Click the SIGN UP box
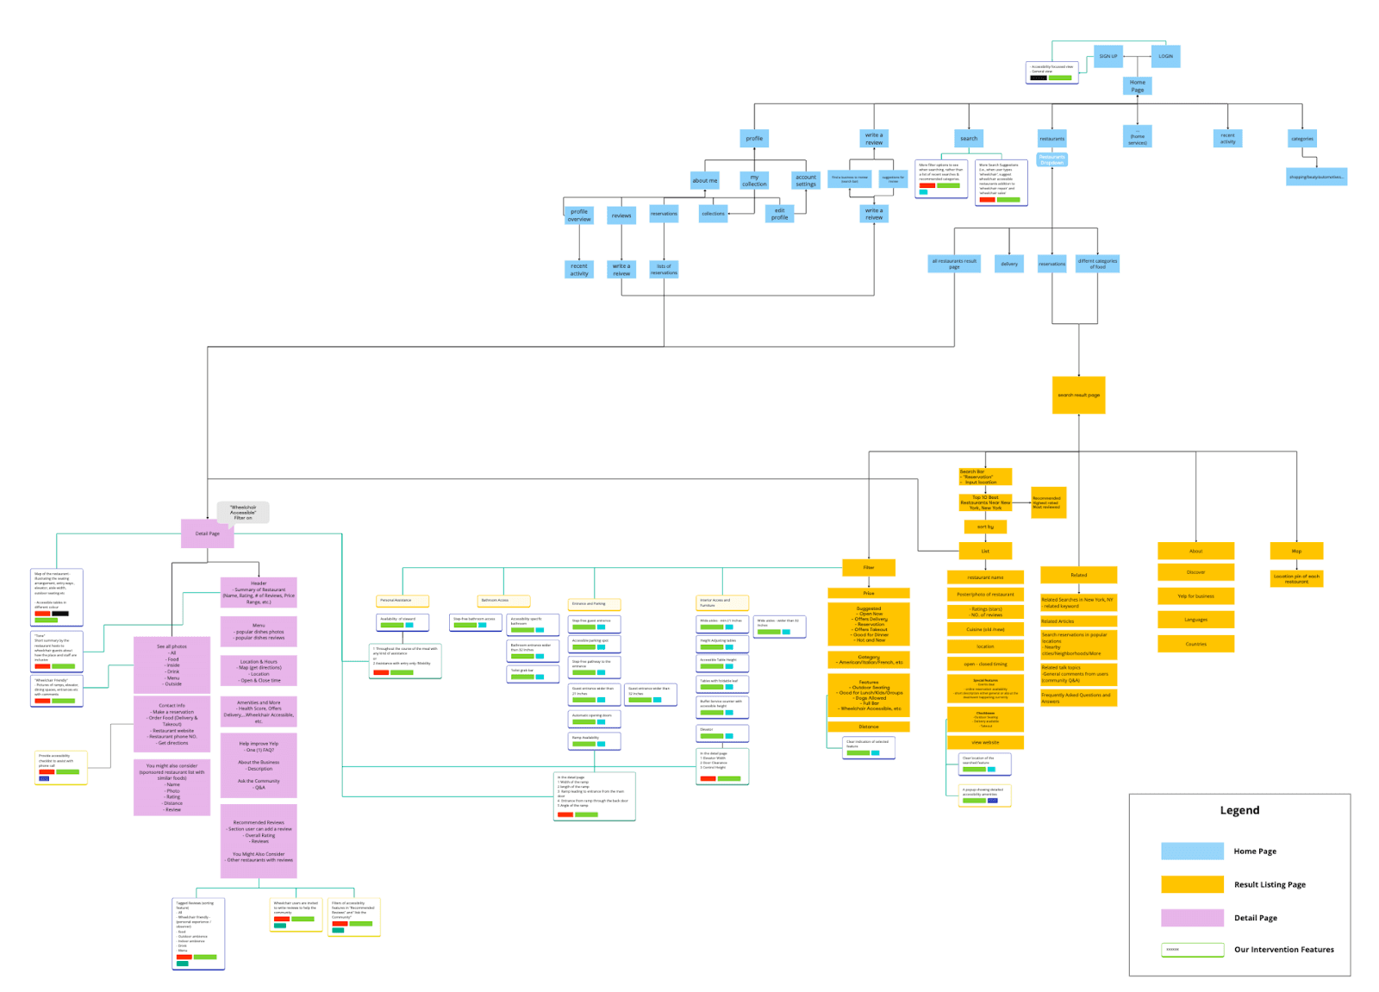pyautogui.click(x=1108, y=56)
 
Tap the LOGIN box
pyautogui.click(x=1165, y=56)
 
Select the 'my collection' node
pyautogui.click(x=754, y=180)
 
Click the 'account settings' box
pyautogui.click(x=806, y=180)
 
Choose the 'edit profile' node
pyautogui.click(x=779, y=214)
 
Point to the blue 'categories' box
pyautogui.click(x=1301, y=138)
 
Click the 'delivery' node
pyautogui.click(x=1009, y=264)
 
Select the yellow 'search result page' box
pyautogui.click(x=1078, y=395)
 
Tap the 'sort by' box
pyautogui.click(x=985, y=527)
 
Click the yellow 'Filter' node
pyautogui.click(x=869, y=567)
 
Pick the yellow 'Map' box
pyautogui.click(x=1296, y=551)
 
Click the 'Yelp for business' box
pyautogui.click(x=1195, y=596)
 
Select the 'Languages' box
pyautogui.click(x=1195, y=620)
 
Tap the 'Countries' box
pyautogui.click(x=1195, y=644)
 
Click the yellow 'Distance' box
pyautogui.click(x=869, y=727)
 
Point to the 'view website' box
pyautogui.click(x=985, y=742)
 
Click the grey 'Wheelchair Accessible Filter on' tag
pyautogui.click(x=243, y=512)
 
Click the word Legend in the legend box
pyautogui.click(x=1239, y=810)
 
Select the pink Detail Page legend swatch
pyautogui.click(x=1192, y=918)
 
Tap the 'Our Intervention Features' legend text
pyautogui.click(x=1283, y=950)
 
